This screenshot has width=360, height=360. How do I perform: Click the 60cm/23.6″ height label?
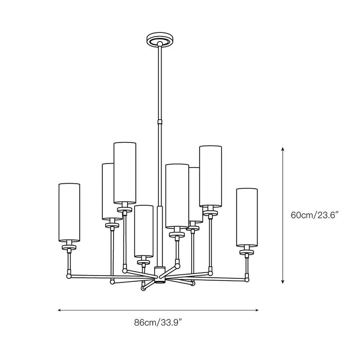315,215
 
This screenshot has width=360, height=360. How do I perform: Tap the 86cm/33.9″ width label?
158,322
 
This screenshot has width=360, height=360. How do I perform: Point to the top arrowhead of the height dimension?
283,149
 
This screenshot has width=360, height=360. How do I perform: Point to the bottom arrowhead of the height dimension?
283,281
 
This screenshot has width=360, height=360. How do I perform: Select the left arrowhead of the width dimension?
60,310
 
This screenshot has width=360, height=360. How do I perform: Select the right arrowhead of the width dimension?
257,310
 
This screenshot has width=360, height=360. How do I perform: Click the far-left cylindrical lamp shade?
69,212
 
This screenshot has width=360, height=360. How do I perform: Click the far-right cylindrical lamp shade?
247,218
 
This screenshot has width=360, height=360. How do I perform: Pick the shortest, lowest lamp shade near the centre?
143,231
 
